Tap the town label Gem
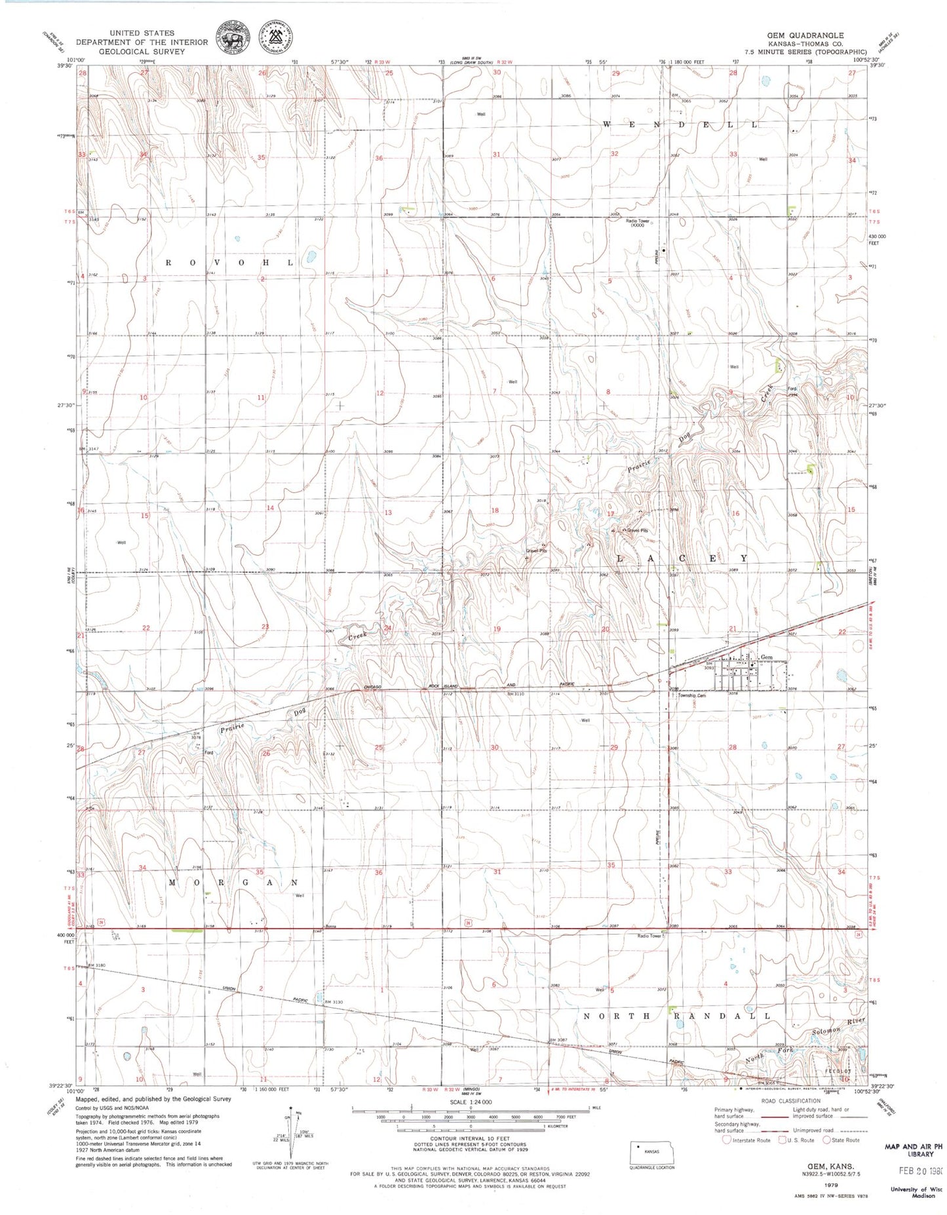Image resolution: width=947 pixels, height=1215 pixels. point(765,657)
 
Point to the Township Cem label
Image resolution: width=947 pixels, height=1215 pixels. point(693,696)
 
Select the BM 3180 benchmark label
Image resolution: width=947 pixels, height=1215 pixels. point(96,966)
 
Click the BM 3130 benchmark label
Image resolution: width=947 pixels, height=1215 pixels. point(334,1002)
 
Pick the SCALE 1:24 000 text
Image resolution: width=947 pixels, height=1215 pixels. point(469,1102)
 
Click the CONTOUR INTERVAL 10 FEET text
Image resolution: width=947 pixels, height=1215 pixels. point(470,1140)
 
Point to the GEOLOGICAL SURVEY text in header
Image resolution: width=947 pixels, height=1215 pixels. point(143,51)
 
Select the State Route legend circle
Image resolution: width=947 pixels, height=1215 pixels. point(826,1140)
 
